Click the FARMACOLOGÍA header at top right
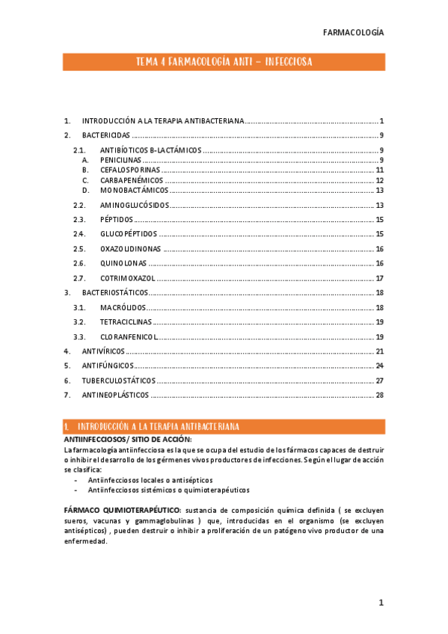pos(353,32)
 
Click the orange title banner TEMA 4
pos(224,61)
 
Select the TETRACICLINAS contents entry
pos(126,321)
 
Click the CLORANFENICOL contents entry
pos(129,336)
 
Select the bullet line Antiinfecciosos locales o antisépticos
pos(150,480)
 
